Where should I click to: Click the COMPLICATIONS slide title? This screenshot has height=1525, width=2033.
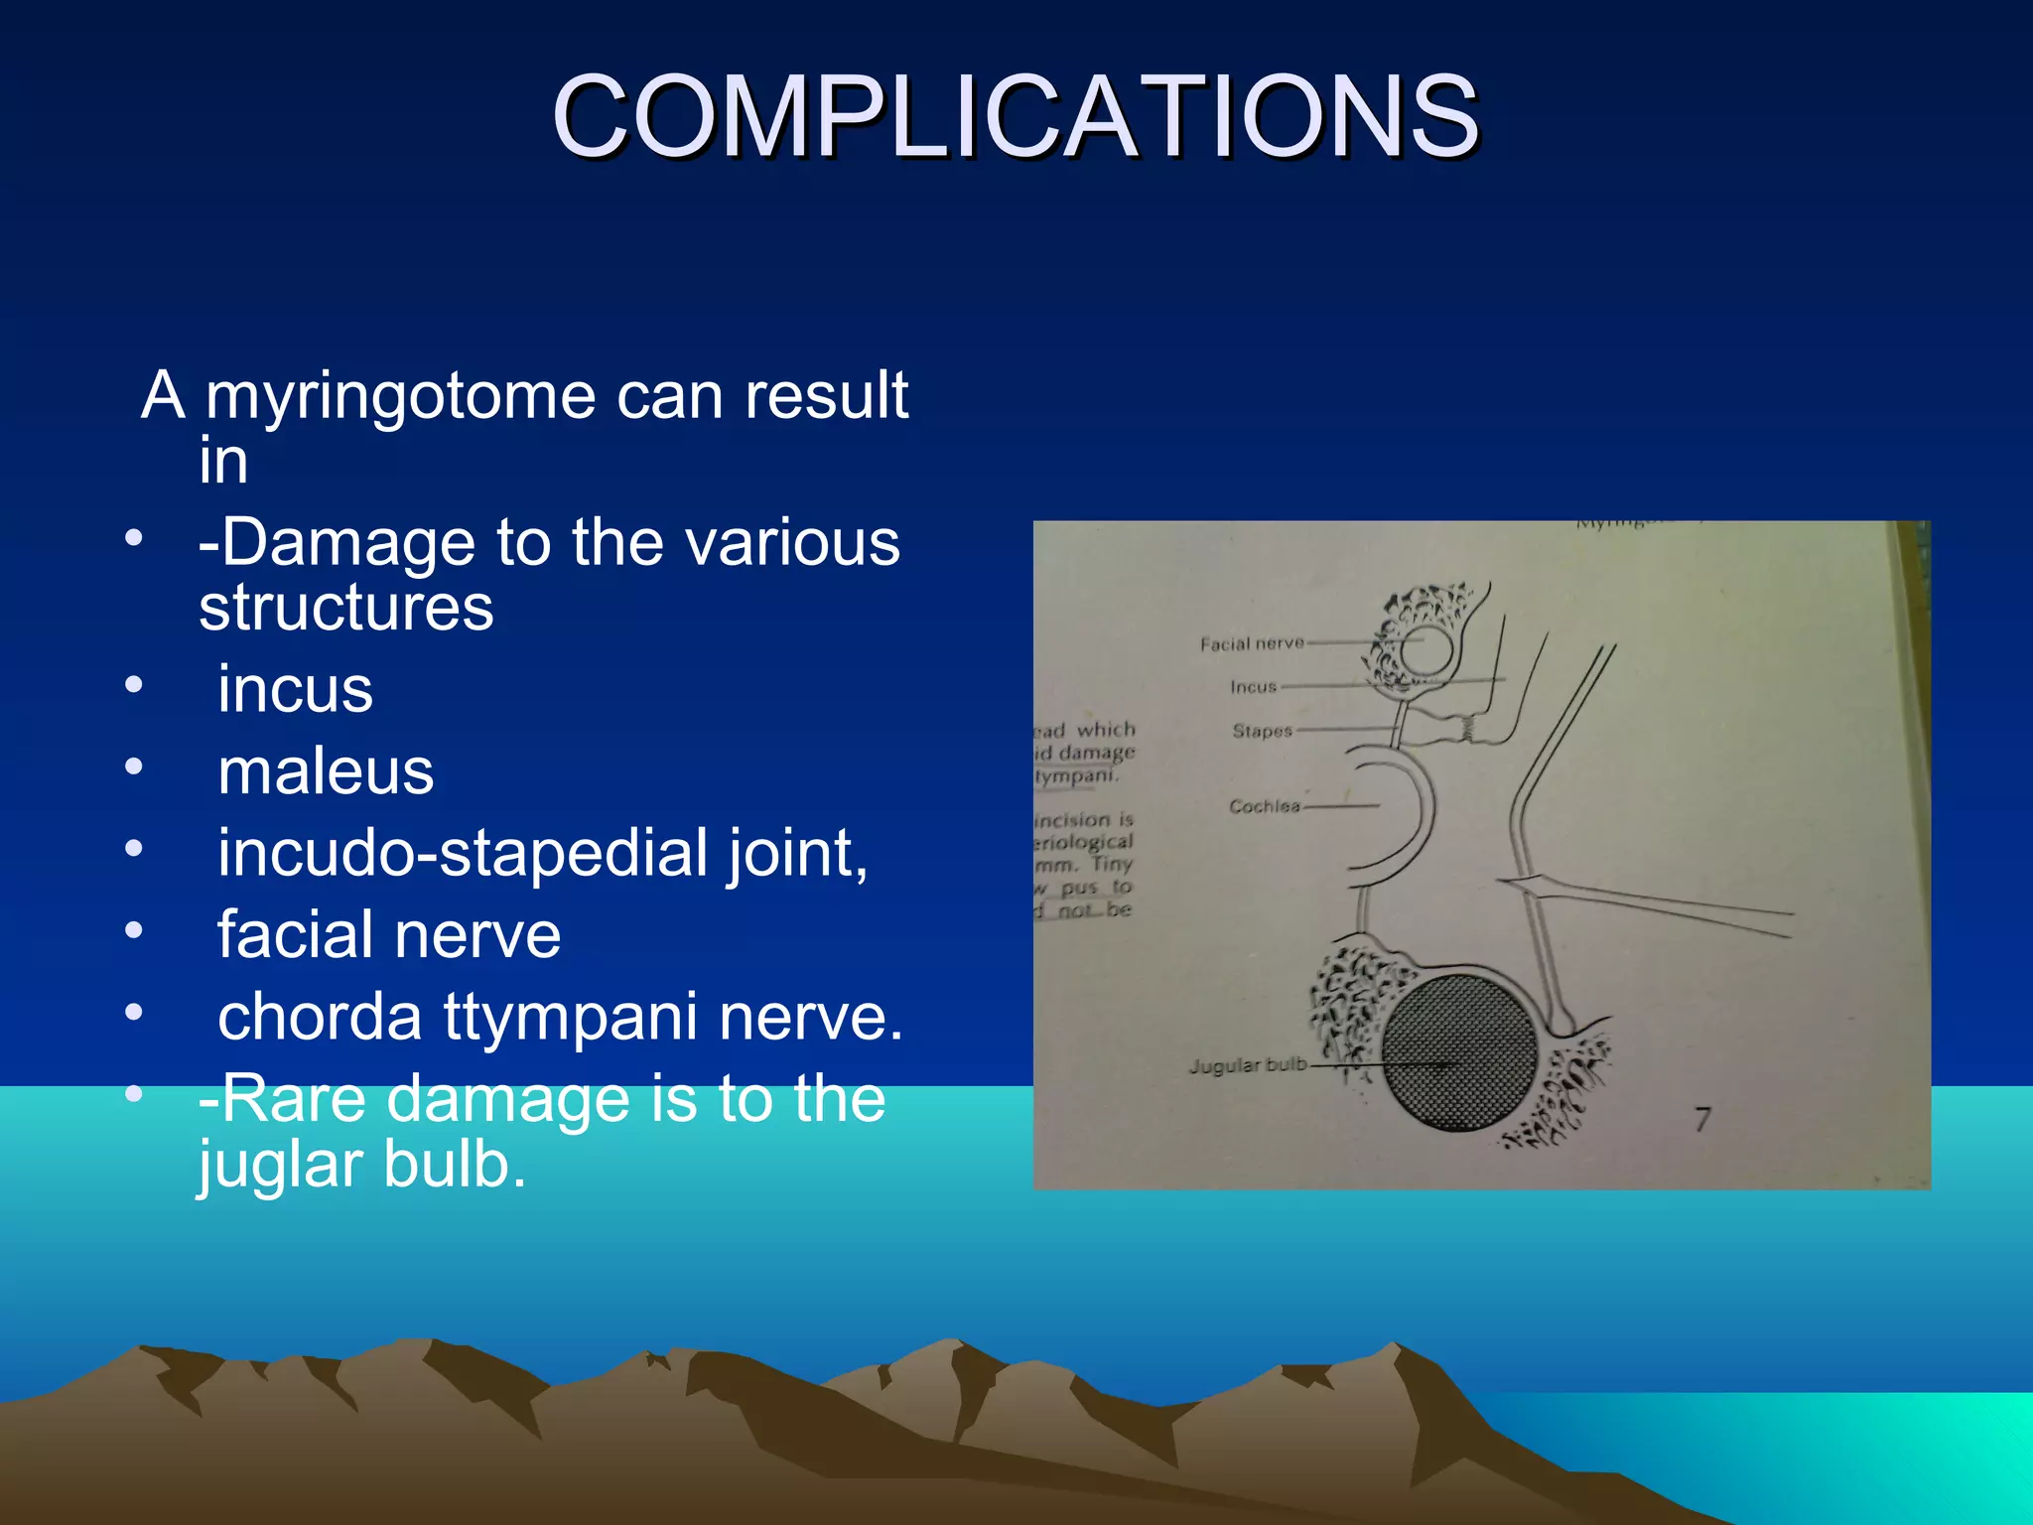pos(1015,117)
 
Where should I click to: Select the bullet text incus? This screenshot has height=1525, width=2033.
pos(295,689)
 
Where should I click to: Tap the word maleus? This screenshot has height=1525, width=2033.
pos(326,771)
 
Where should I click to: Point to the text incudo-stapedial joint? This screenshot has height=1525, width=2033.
pos(542,854)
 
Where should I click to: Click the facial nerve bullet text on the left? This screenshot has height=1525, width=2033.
pos(388,935)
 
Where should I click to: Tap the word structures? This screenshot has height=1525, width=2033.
pos(345,608)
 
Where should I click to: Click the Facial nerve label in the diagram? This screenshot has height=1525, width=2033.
pos(1251,644)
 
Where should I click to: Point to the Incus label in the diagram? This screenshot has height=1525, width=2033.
pos(1253,687)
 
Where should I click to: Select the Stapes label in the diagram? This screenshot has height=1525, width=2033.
pos(1262,732)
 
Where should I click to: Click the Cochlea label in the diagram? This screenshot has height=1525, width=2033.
pos(1264,807)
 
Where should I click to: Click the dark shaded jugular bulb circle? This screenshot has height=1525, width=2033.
pos(1459,1052)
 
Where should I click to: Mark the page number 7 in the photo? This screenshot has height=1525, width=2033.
pos(1702,1120)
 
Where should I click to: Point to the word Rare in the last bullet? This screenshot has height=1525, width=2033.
pos(294,1100)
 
